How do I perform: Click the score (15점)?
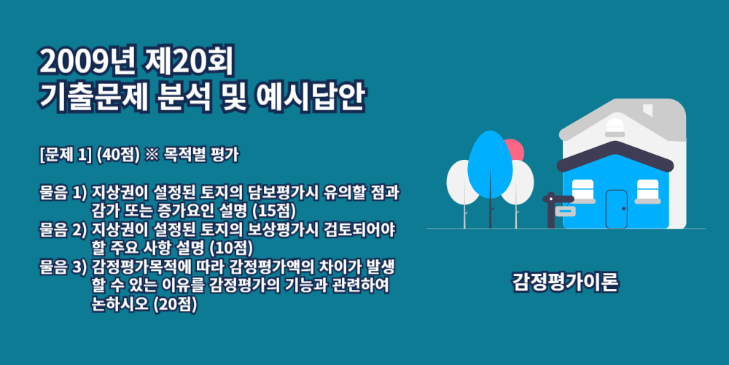click(274, 211)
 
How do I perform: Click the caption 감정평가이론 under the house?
click(566, 283)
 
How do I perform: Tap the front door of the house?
click(617, 209)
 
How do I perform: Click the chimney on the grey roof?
click(647, 110)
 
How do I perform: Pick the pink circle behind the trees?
click(512, 150)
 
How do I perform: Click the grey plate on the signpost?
click(565, 212)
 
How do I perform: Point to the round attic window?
click(615, 126)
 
